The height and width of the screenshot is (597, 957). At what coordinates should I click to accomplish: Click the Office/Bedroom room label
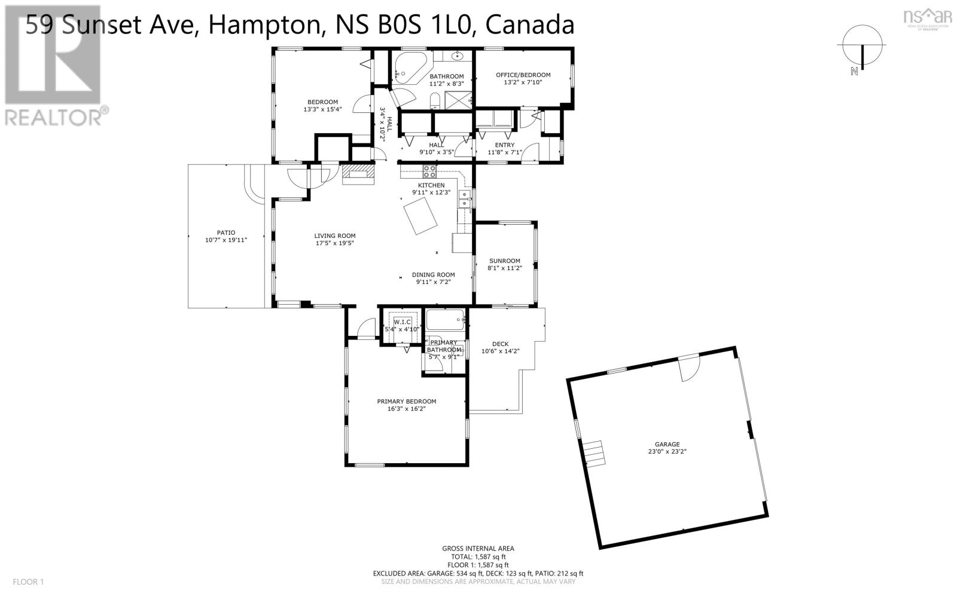[523, 75]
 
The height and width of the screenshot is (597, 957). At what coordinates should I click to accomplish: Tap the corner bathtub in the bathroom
[409, 69]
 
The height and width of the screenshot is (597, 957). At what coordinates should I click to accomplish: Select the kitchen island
[420, 218]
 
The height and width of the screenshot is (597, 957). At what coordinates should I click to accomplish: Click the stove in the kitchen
[429, 172]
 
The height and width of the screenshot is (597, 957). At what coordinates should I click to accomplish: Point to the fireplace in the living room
[358, 174]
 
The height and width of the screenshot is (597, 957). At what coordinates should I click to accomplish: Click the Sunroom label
[505, 261]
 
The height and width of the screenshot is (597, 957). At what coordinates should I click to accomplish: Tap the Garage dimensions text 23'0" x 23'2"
[667, 451]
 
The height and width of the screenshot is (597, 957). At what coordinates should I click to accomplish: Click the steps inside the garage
[594, 453]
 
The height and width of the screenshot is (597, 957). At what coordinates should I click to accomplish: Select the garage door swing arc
[688, 369]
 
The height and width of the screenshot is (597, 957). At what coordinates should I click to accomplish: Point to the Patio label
[226, 232]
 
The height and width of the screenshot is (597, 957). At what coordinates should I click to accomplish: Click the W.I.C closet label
[403, 322]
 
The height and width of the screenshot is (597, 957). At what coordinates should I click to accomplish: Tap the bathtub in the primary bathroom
[445, 320]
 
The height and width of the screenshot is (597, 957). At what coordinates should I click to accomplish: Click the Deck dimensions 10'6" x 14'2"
[500, 351]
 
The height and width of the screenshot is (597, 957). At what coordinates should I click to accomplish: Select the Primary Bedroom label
[406, 401]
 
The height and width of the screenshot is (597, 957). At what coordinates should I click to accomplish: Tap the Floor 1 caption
[28, 582]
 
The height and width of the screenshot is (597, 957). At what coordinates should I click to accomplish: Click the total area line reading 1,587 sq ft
[478, 556]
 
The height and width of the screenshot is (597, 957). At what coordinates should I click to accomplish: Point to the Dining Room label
[433, 275]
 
